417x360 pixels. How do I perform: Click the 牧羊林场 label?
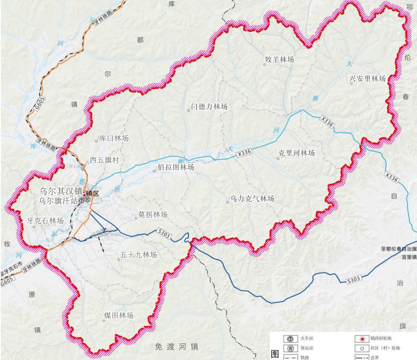coord(280,60)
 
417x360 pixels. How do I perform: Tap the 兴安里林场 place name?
coord(367,79)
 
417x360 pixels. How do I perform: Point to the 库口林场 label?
coord(114,138)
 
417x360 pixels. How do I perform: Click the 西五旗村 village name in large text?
coord(104,160)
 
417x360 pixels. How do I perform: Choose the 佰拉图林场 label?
coord(176,167)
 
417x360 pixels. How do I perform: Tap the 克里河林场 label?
coord(297,153)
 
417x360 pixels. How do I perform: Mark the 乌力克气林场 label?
coord(252,199)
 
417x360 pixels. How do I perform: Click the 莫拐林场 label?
coord(153,214)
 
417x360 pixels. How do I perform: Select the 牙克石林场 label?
coord(45,221)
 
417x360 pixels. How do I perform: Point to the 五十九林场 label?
coord(138,255)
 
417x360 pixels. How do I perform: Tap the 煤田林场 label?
coord(119,316)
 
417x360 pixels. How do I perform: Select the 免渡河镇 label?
coord(177,347)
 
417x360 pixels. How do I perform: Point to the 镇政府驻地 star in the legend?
coord(362,339)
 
